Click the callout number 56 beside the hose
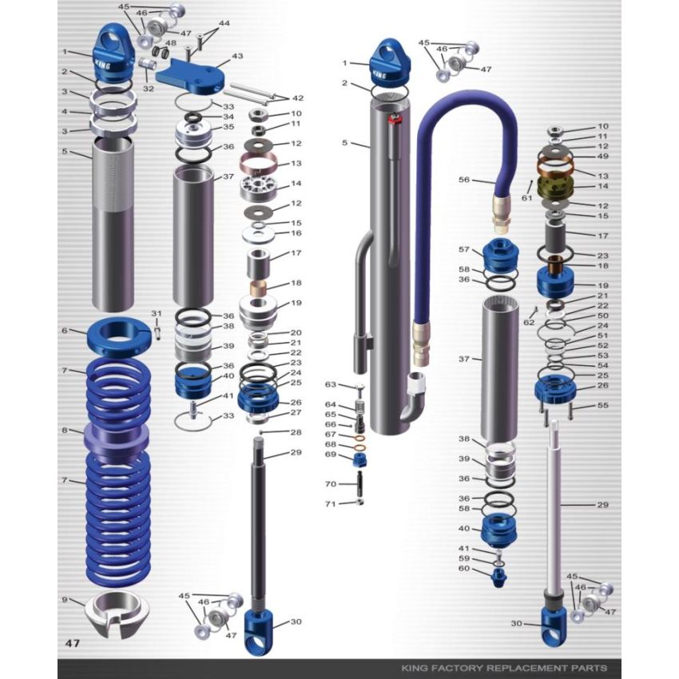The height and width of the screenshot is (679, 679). [464, 180]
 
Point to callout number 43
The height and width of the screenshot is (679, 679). [237, 57]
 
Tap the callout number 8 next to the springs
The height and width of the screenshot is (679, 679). [64, 431]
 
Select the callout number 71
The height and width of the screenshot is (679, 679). [330, 504]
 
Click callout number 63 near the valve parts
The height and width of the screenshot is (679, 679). [330, 384]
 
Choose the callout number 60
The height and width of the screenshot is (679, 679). [465, 569]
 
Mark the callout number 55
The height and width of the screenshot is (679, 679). [602, 406]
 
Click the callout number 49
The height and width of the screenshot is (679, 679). [602, 157]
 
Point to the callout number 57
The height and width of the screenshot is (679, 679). [465, 250]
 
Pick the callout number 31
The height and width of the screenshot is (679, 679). [157, 313]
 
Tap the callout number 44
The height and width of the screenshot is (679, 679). [224, 24]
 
